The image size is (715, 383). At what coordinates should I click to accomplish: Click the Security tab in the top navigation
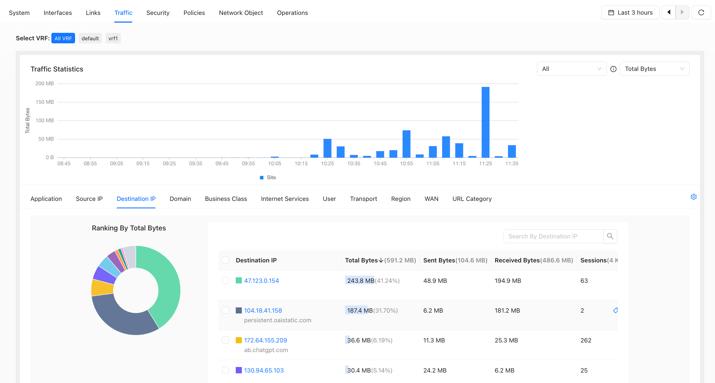pos(158,13)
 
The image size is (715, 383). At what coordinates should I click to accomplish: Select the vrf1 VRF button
pos(113,38)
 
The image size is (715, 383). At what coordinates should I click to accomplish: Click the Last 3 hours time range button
pos(630,12)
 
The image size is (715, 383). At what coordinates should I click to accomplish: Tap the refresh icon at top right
pos(701,12)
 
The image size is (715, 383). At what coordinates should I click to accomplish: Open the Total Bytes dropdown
pos(654,69)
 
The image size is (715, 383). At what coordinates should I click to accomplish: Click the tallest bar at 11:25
pos(486,122)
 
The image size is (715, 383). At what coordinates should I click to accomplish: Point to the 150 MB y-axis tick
pos(45,102)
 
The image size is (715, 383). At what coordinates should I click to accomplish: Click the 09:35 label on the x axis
pos(196,163)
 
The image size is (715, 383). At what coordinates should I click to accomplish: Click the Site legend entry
pos(268,177)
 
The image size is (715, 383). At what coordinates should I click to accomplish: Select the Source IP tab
pos(89,199)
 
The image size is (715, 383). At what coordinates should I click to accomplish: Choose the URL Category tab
pos(472,199)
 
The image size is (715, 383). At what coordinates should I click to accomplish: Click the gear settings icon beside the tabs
pos(694,197)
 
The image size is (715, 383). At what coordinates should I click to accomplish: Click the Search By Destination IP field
pos(554,236)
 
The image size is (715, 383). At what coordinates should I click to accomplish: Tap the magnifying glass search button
pos(610,236)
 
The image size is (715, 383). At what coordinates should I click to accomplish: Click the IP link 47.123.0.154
pos(261,281)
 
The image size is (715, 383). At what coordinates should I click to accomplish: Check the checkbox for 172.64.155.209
pos(225,340)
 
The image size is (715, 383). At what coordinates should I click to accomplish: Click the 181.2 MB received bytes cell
pos(507,310)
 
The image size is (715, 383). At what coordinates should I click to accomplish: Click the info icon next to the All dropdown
pos(613,69)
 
